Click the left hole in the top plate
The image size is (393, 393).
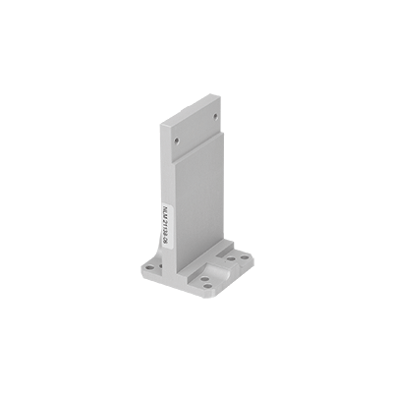(x=176, y=140)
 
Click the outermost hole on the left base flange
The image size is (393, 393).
(x=145, y=264)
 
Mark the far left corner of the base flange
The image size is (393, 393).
(x=138, y=263)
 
